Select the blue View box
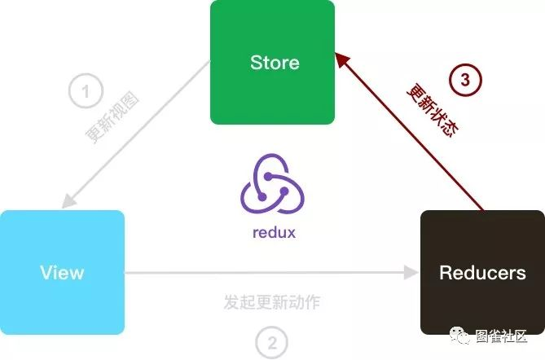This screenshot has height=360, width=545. tap(62, 272)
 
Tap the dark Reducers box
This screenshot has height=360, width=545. tap(482, 272)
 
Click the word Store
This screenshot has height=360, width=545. tap(275, 63)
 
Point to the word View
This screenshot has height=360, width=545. tap(62, 272)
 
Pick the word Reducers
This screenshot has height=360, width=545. tap(482, 273)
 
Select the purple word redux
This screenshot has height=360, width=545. tap(274, 232)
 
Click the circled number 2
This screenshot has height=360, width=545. tap(272, 341)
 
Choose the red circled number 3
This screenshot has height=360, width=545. tap(465, 80)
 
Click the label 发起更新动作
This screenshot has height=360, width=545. tap(272, 302)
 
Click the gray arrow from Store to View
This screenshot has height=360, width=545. tap(138, 135)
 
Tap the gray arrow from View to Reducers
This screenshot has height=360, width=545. tap(269, 273)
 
